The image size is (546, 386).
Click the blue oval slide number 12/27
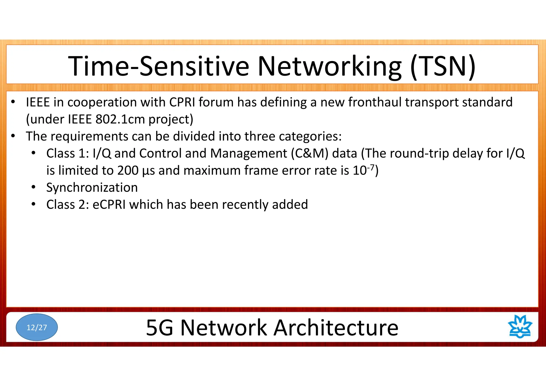tap(37, 327)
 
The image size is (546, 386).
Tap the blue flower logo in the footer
tap(520, 327)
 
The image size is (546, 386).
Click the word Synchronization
tap(92, 187)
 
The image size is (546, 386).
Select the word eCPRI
tap(109, 204)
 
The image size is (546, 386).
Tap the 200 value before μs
tap(128, 171)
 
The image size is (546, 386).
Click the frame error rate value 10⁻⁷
tap(364, 170)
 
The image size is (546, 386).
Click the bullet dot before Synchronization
tap(33, 187)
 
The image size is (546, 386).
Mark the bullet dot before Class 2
tap(33, 204)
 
